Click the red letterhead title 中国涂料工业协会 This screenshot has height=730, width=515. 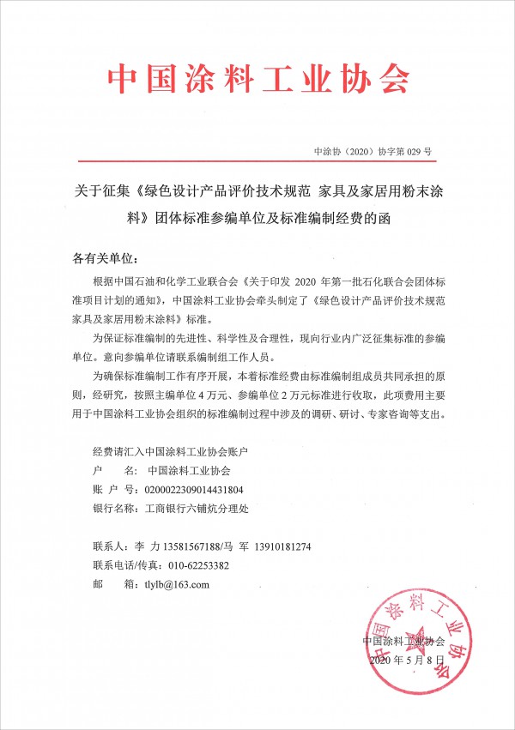coord(257,79)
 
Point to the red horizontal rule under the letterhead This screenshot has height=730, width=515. coord(257,160)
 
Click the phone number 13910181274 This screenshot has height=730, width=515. coord(277,546)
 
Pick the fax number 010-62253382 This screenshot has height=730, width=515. coord(198,565)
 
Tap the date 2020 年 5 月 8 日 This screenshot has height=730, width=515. coord(408,660)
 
